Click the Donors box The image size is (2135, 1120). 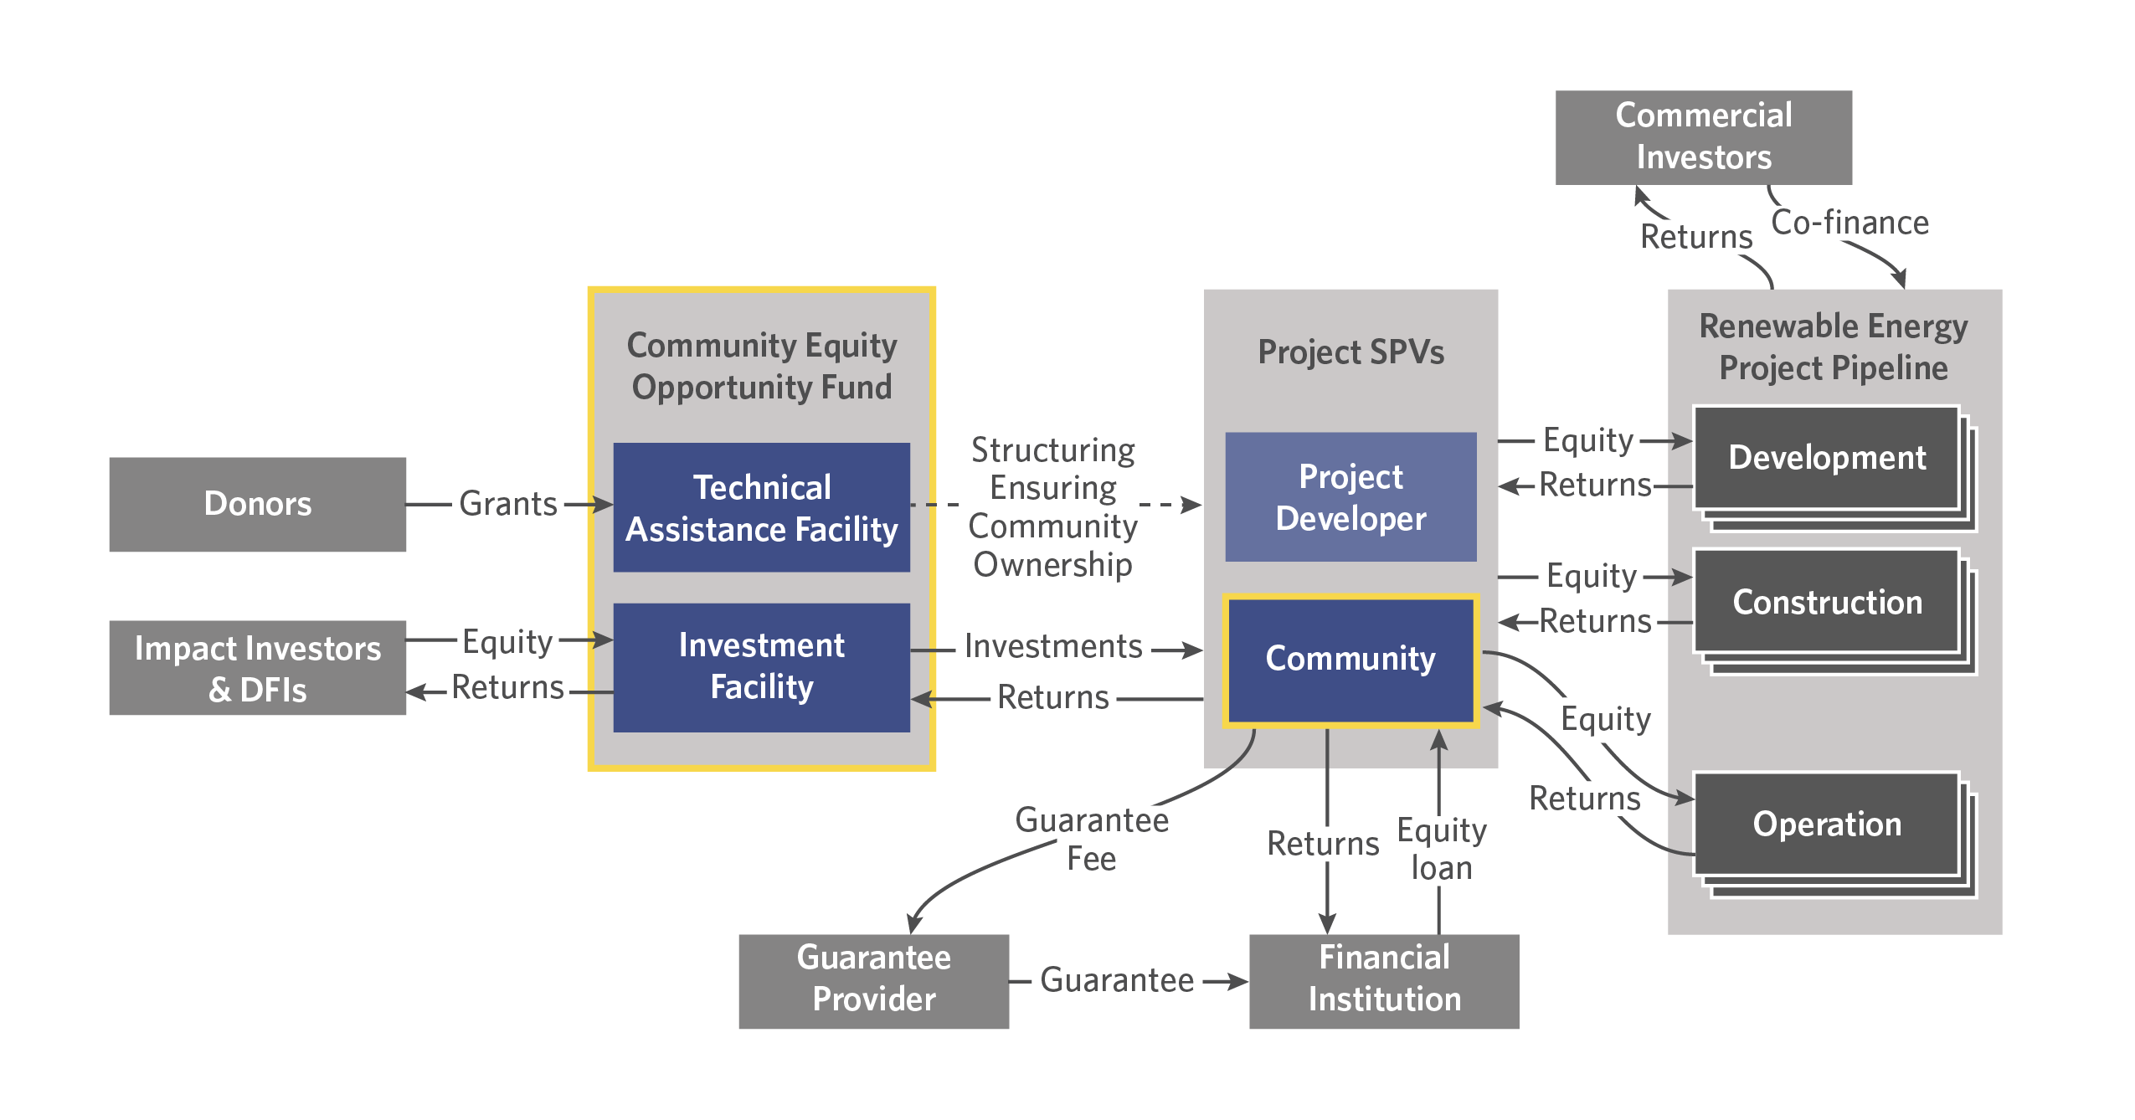pyautogui.click(x=257, y=504)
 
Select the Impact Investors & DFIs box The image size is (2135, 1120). pyautogui.click(x=257, y=668)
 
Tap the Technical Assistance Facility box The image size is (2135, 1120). pyautogui.click(x=761, y=507)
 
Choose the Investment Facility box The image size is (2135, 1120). pyautogui.click(x=761, y=667)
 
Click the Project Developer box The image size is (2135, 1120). pyautogui.click(x=1350, y=497)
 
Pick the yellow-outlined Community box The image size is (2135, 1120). pyautogui.click(x=1350, y=659)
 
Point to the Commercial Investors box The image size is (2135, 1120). pyautogui.click(x=1703, y=137)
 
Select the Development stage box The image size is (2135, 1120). pyautogui.click(x=1826, y=458)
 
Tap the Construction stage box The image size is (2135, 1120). pyautogui.click(x=1826, y=602)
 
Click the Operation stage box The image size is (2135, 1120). pyautogui.click(x=1826, y=825)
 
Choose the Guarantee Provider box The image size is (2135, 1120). pyautogui.click(x=873, y=980)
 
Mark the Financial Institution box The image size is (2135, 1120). pyautogui.click(x=1383, y=980)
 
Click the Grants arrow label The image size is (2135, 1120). pyautogui.click(x=508, y=504)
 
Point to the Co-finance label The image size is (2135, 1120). pyautogui.click(x=1849, y=223)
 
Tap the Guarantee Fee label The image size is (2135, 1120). pyautogui.click(x=1091, y=839)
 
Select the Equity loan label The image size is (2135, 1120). pyautogui.click(x=1441, y=849)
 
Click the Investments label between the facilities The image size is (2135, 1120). pyautogui.click(x=1053, y=646)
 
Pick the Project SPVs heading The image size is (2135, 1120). pyautogui.click(x=1350, y=352)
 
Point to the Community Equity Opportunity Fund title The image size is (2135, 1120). pyautogui.click(x=761, y=366)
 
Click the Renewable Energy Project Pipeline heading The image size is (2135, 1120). pyautogui.click(x=1833, y=347)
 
